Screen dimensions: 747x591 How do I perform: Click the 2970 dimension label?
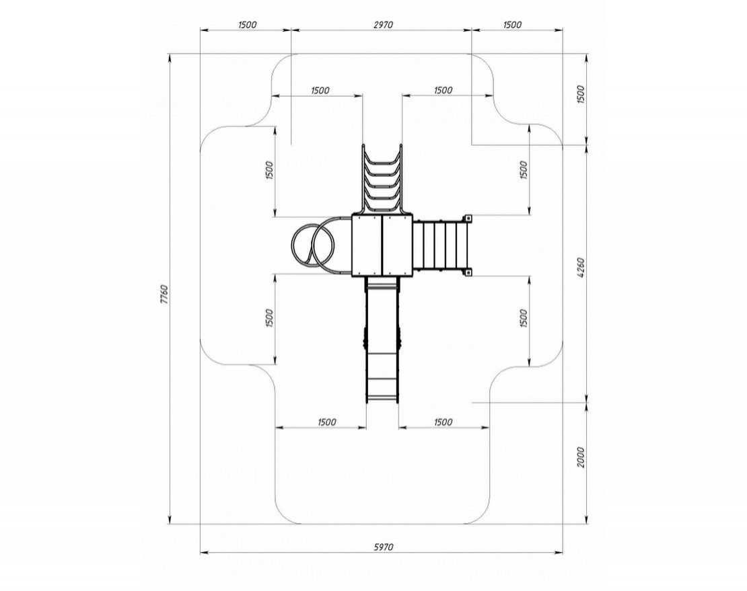tap(382, 25)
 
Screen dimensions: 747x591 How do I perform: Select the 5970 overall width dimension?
tap(383, 547)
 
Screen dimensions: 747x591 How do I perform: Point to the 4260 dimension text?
tap(580, 268)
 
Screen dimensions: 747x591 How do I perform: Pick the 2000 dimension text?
tap(580, 457)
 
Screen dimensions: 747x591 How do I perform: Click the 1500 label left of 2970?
tap(247, 25)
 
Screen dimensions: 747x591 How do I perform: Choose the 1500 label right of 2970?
tap(512, 25)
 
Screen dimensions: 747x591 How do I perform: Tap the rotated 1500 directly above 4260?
tap(580, 95)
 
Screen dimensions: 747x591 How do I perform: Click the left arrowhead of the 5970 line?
tap(205, 553)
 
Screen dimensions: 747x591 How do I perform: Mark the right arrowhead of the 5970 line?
tap(559, 553)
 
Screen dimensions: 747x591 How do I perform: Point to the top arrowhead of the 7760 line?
tap(170, 58)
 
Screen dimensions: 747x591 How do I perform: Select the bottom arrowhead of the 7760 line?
tap(170, 520)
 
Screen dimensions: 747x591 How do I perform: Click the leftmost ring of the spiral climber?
tap(303, 245)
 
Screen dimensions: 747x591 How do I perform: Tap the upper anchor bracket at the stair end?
tap(467, 219)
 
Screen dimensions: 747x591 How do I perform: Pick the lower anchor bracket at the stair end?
tap(467, 273)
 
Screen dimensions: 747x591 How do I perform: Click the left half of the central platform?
tap(367, 245)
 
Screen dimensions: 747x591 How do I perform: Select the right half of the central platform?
tap(397, 245)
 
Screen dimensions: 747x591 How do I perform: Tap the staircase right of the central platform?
tap(439, 245)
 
